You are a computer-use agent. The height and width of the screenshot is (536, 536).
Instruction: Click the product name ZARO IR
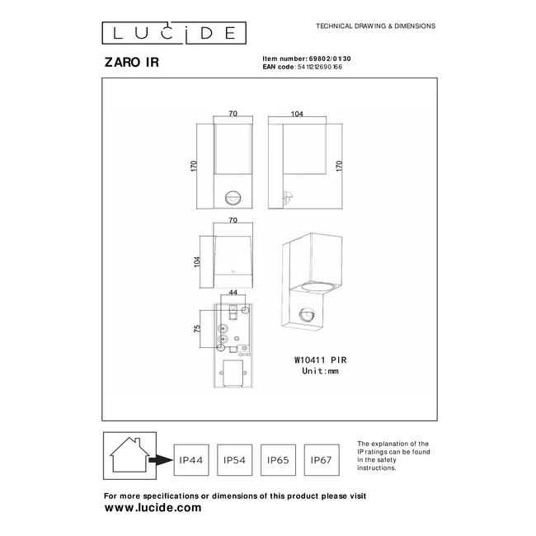click(125, 61)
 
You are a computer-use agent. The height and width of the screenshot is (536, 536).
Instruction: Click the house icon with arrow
click(129, 454)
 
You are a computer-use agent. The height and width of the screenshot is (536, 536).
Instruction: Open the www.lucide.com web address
click(153, 508)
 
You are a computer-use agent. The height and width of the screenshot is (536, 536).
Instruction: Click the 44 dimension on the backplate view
click(233, 293)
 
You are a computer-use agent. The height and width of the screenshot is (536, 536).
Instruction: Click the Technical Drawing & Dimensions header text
click(376, 26)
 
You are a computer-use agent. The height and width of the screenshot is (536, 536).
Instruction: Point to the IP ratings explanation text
click(393, 455)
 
